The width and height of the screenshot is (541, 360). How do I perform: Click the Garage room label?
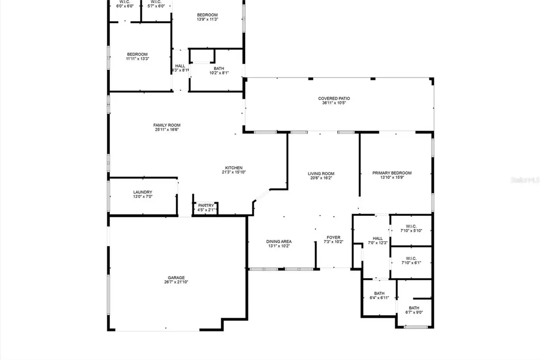coord(176,277)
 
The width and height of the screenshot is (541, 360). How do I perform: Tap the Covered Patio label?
coord(334,98)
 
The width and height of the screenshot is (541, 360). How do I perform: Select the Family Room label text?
coord(167,125)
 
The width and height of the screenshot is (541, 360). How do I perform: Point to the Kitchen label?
coord(234,168)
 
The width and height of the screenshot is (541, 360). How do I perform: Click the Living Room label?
coord(321,174)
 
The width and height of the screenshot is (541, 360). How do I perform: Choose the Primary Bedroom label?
coord(391,173)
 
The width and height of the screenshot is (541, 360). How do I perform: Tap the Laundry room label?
coord(143,192)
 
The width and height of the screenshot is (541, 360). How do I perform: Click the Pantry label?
coord(206,205)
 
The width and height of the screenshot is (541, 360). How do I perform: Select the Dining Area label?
coord(278,241)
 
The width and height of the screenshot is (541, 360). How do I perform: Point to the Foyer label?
coord(333,238)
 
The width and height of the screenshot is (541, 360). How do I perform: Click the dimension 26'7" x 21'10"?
coord(176,282)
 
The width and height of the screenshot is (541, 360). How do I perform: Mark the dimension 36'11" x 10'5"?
coord(334,103)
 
